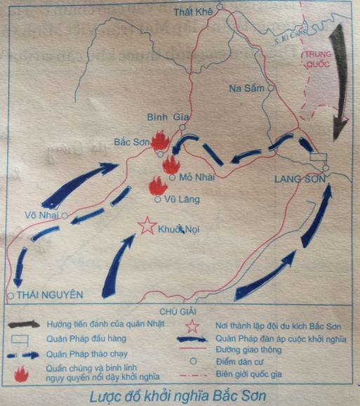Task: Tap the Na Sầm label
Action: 246,88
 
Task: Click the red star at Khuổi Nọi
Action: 147,226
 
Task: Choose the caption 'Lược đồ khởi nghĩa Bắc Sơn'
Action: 180,394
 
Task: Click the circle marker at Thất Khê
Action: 219,8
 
